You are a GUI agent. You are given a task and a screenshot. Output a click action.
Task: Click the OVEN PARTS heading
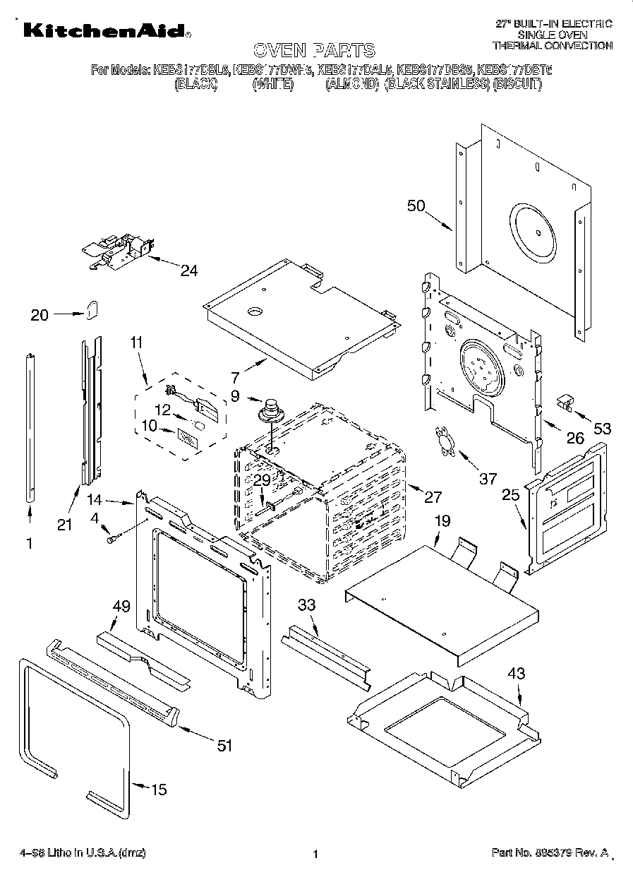[314, 49]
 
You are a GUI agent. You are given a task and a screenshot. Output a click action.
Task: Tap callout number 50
[417, 206]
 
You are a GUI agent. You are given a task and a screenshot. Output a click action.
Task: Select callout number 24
[189, 270]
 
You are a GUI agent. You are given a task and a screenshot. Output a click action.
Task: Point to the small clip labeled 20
[93, 309]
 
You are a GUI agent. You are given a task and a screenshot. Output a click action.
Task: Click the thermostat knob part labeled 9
[270, 410]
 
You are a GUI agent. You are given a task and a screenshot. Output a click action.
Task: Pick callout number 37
[488, 479]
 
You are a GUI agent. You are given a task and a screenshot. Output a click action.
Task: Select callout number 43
[517, 673]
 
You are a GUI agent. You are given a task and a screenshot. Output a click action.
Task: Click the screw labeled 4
[112, 540]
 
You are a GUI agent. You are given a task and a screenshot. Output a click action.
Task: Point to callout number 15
[159, 789]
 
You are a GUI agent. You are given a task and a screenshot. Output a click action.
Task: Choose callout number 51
[224, 745]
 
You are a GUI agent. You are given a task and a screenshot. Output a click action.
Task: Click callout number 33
[306, 605]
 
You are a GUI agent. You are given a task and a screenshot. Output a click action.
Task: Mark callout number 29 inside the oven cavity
[262, 480]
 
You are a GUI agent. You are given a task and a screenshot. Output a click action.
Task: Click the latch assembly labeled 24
[116, 251]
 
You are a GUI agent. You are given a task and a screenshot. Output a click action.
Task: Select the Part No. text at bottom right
[550, 853]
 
